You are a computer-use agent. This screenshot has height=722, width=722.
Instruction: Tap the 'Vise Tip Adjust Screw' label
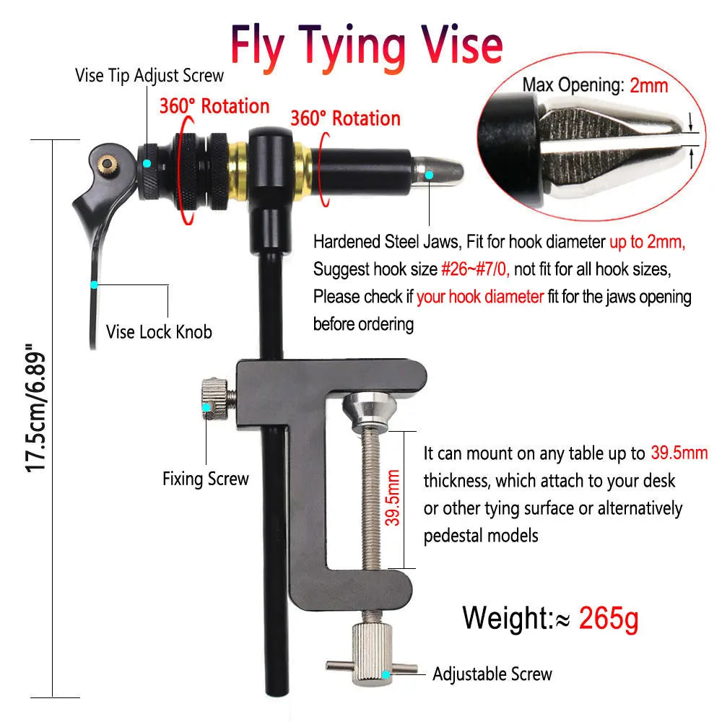[149, 75]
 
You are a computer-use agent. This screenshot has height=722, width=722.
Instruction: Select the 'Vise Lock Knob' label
[159, 331]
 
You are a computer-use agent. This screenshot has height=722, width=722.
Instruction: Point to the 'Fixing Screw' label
[205, 478]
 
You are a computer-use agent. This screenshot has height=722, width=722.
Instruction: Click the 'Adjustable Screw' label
[492, 674]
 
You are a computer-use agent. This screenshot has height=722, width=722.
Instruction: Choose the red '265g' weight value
[609, 618]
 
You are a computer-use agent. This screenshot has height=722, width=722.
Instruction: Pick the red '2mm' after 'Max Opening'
[649, 85]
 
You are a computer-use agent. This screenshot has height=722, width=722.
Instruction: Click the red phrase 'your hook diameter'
[480, 296]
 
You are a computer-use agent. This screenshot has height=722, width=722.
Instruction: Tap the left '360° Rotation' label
[214, 106]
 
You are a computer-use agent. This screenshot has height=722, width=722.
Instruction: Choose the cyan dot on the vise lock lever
[95, 283]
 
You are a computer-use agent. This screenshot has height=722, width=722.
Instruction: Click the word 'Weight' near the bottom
[506, 618]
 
